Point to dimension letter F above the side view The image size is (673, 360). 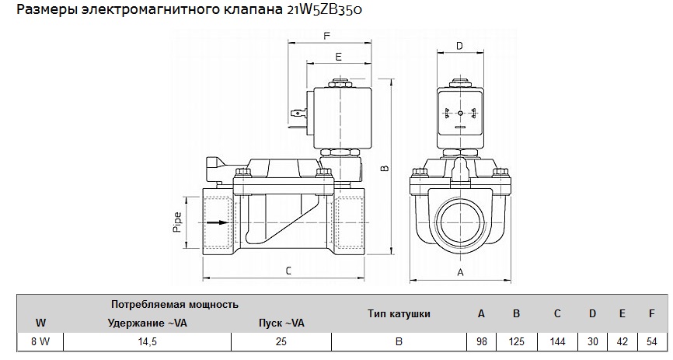[326, 36]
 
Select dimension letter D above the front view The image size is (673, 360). [459, 46]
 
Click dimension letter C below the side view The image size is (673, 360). [288, 271]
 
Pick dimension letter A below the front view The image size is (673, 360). [460, 272]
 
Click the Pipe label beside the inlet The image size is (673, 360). [177, 223]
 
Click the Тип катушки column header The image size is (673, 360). [399, 313]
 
